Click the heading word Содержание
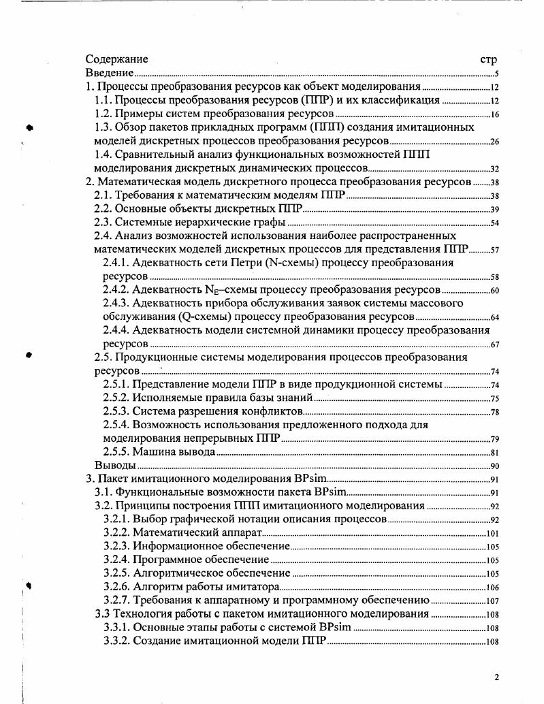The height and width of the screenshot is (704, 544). point(117,59)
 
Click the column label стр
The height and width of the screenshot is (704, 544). point(489,60)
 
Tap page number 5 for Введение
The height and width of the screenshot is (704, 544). point(498,74)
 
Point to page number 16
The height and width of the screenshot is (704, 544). point(495,114)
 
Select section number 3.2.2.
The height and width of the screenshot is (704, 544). point(116,532)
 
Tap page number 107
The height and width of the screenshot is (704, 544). point(494,601)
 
